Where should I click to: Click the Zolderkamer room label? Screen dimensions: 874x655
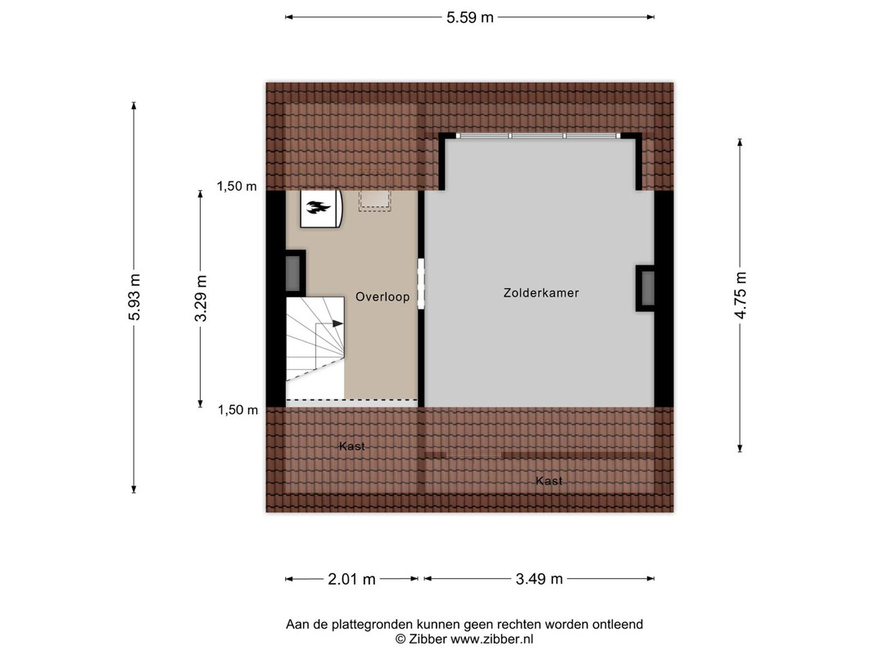(541, 293)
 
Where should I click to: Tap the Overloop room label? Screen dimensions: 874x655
(383, 297)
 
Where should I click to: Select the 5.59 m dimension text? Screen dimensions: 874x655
(470, 17)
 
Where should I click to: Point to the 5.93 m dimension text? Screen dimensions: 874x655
(134, 297)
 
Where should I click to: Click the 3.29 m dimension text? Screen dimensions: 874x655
(201, 298)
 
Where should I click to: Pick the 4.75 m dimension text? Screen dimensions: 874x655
(740, 296)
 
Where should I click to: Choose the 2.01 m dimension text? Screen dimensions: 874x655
(351, 579)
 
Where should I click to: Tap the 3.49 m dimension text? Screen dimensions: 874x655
(539, 579)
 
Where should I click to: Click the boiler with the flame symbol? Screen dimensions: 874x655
(321, 208)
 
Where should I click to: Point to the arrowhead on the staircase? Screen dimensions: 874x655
(337, 323)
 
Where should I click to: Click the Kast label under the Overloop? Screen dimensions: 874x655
(351, 446)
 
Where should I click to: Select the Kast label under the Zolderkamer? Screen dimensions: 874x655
(549, 481)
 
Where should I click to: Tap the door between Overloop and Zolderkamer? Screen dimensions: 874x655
(421, 283)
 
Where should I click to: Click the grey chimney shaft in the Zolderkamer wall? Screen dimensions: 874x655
(647, 288)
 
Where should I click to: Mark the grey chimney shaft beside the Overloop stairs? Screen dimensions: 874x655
(294, 273)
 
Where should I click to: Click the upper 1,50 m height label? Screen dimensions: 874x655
(237, 187)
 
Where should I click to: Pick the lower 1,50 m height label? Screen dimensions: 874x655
(238, 410)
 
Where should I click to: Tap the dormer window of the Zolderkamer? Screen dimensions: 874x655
(538, 136)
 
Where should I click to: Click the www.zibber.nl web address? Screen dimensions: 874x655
(491, 639)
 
